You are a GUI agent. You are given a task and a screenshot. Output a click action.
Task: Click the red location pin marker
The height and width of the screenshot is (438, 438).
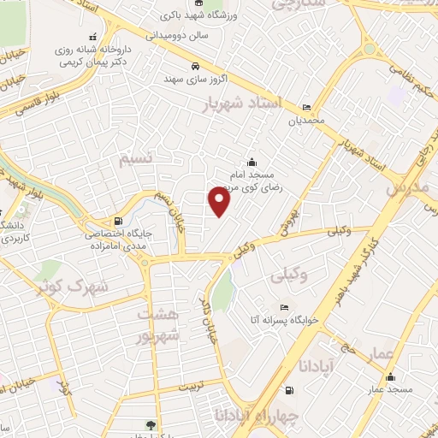point(220,202)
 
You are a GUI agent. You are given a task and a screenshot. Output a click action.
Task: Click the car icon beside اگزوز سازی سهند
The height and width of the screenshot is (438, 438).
point(195,66)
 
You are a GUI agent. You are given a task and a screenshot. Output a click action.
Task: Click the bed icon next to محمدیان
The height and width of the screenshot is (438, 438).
point(307,109)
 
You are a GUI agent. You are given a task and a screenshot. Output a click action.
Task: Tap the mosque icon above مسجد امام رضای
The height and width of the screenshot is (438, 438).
point(251,163)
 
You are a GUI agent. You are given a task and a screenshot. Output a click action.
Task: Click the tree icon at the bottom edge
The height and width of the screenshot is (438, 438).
point(151,425)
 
